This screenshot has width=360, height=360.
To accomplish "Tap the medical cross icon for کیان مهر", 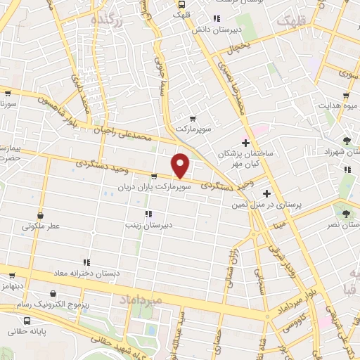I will click(x=244, y=144).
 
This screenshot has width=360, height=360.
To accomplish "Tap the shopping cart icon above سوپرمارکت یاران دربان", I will click(x=153, y=177).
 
